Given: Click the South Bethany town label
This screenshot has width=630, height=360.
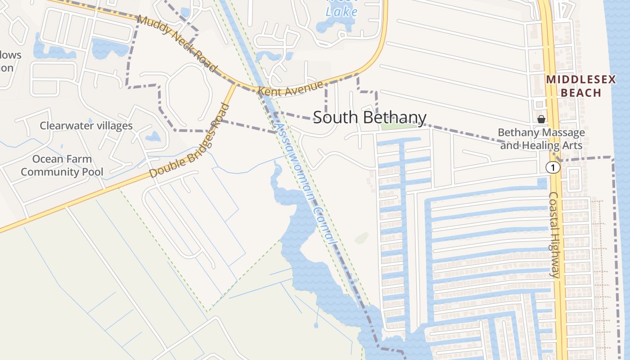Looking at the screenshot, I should pyautogui.click(x=369, y=117).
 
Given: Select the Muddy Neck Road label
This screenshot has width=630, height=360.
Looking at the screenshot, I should pyautogui.click(x=176, y=43).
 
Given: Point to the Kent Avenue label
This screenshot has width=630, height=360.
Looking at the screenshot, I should pyautogui.click(x=290, y=88).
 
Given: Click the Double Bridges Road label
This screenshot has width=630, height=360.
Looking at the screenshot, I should pyautogui.click(x=189, y=141).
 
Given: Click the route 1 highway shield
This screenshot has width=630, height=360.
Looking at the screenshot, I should pyautogui.click(x=553, y=168).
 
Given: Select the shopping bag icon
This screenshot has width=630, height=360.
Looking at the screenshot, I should pyautogui.click(x=541, y=119).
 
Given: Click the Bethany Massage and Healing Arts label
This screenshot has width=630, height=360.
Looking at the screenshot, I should pyautogui.click(x=541, y=139).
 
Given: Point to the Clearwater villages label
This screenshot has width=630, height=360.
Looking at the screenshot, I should pyautogui.click(x=86, y=126).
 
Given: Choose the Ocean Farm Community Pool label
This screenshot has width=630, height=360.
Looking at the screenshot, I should pyautogui.click(x=62, y=165).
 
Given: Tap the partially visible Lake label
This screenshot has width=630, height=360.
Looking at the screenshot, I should pyautogui.click(x=342, y=11).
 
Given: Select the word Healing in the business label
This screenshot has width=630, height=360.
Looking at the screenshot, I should pyautogui.click(x=542, y=145).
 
